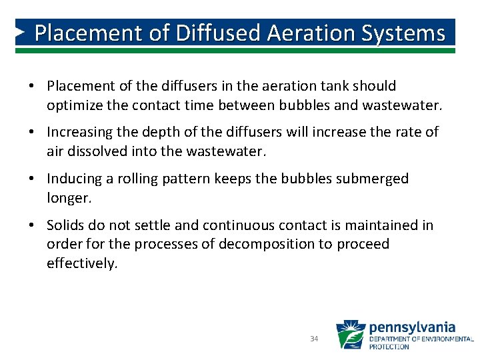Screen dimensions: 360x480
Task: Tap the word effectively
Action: [x=81, y=263]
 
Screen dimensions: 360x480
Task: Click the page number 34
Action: [x=314, y=339]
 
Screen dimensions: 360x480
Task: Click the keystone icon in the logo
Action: [x=350, y=335]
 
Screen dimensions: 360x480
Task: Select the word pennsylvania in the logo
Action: [x=412, y=327]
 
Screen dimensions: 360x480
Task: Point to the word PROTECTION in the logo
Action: [x=390, y=347]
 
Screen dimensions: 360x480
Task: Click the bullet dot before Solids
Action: [x=32, y=226]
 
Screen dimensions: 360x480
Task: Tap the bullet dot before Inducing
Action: [x=32, y=179]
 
